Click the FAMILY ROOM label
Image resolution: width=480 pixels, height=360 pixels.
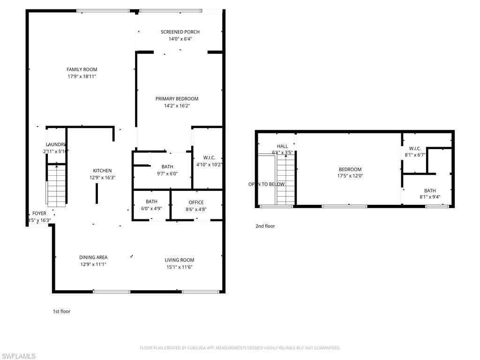point(82,69)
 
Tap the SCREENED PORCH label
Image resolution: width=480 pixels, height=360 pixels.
point(180,32)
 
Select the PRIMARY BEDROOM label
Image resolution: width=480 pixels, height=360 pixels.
point(177,98)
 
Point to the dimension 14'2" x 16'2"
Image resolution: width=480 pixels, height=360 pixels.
point(177,106)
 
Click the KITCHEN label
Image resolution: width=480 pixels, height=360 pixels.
point(102,171)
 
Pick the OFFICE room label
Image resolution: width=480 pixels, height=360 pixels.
point(196,202)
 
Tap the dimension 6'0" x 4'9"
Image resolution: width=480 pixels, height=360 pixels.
point(151,209)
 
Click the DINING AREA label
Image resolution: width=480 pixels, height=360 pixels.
point(93,257)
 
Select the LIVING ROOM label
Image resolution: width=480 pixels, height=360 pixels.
point(179,260)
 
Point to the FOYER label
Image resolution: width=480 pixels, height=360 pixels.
point(39,213)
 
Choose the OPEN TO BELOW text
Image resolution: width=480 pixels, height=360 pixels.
point(266,184)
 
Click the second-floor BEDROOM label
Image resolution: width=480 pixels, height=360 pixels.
point(350,169)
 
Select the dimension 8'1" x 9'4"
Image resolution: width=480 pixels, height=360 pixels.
point(430,197)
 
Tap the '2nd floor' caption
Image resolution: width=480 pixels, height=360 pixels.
point(265,226)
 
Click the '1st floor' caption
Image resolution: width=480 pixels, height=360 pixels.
point(61,311)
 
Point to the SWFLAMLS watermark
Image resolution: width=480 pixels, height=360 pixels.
point(18,356)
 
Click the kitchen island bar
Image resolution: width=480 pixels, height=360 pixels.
point(97,194)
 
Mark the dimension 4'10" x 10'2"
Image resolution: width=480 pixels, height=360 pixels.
point(209,165)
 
